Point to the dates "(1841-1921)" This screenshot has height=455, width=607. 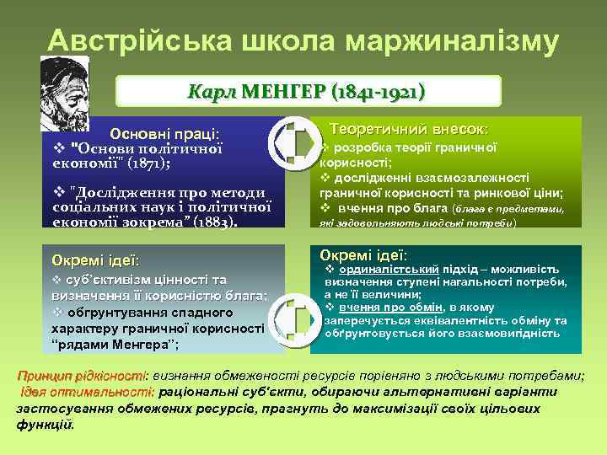coord(371,91)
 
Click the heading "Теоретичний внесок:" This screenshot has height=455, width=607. coord(408,130)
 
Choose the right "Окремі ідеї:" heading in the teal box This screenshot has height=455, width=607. coord(363,254)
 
